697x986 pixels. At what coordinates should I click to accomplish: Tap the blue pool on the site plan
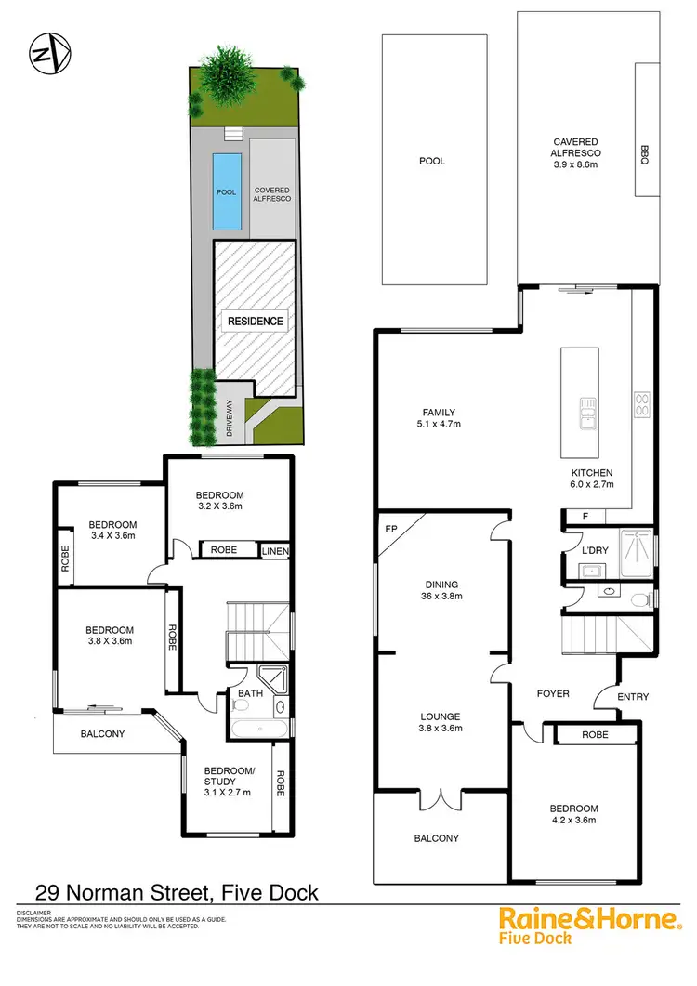tap(227, 191)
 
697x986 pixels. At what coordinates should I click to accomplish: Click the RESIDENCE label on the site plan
tap(255, 321)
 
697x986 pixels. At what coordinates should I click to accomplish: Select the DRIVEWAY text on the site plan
tap(228, 418)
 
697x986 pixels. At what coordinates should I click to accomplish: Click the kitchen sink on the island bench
tap(586, 413)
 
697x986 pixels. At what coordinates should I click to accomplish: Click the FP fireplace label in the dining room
tap(389, 530)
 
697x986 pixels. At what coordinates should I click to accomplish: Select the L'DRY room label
tap(595, 550)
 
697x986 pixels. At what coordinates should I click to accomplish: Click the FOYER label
tap(552, 694)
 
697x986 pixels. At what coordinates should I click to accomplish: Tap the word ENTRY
tap(632, 697)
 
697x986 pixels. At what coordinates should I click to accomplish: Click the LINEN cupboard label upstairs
tap(275, 551)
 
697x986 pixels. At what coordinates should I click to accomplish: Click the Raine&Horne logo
tap(589, 920)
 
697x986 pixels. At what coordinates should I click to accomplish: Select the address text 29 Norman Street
tap(125, 894)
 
